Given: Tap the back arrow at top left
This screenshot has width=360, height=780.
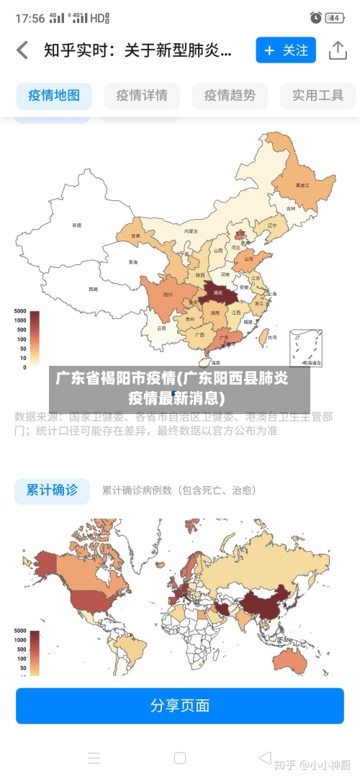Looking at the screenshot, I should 22,50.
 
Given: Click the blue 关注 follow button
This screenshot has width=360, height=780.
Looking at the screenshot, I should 286,50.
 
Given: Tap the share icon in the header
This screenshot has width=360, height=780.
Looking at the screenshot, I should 338,50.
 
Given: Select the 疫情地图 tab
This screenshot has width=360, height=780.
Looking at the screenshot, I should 54,95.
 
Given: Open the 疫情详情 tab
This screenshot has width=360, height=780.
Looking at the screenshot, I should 142,95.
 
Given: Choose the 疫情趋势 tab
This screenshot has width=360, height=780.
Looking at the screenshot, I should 230,95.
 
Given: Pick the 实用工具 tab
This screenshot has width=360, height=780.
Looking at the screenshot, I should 318,95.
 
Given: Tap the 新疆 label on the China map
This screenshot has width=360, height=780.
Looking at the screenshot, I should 77,225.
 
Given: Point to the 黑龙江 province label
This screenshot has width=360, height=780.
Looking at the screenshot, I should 302,185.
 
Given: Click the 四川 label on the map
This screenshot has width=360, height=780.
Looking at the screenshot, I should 168,295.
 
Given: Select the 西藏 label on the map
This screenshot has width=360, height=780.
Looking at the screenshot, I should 93,289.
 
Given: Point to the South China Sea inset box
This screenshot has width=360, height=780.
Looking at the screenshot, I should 306,348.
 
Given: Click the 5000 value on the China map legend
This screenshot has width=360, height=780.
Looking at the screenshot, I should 19,311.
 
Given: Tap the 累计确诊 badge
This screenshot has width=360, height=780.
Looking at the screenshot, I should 52,490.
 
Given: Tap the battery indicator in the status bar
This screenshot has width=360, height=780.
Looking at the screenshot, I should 333,17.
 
